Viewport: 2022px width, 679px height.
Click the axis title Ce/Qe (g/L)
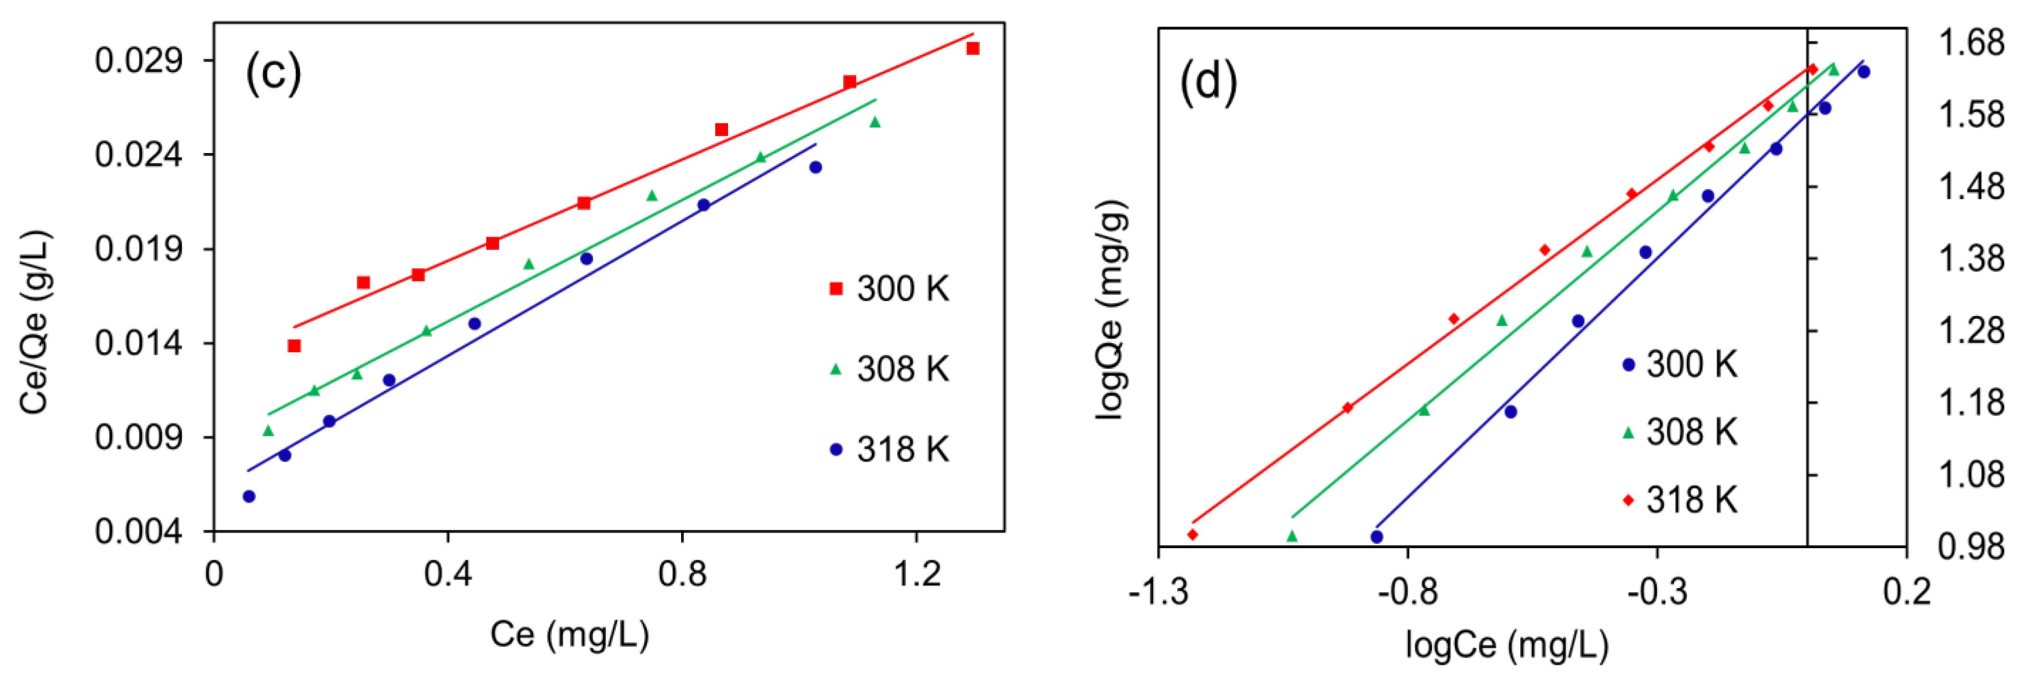click(x=36, y=322)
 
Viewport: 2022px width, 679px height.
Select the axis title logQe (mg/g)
click(x=1111, y=310)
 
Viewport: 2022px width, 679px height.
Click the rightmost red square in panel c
click(x=973, y=49)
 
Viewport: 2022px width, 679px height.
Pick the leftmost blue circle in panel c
click(x=249, y=496)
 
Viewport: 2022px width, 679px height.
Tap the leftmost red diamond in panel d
click(x=1193, y=534)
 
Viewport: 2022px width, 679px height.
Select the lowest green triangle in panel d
click(x=1292, y=536)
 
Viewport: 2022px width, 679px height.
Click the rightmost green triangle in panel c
click(x=875, y=122)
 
